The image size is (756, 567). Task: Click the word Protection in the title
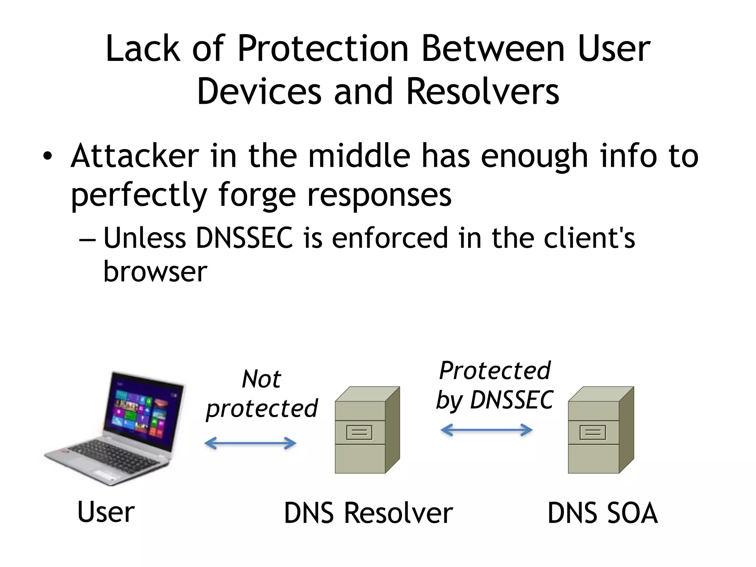tap(323, 49)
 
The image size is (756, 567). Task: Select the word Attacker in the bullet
tap(135, 156)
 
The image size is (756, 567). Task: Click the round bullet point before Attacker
tap(47, 156)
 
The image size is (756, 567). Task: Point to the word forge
tap(257, 196)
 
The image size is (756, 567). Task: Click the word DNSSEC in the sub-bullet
tap(244, 238)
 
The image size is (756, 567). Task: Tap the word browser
tap(155, 272)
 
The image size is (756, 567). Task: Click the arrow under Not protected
tap(250, 443)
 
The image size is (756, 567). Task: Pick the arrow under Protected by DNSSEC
tap(487, 430)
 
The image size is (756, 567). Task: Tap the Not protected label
tap(261, 394)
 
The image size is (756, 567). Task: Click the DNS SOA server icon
tap(600, 430)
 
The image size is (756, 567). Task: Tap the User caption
tap(106, 512)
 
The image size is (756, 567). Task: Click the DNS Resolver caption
tap(368, 513)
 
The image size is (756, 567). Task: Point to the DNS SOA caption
tap(602, 513)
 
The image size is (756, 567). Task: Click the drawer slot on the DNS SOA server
tap(593, 432)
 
